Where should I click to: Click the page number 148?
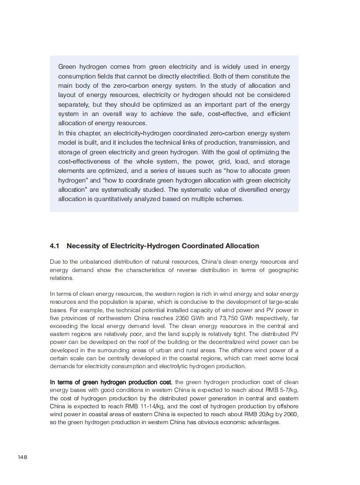(x=22, y=457)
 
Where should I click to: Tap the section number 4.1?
(x=55, y=246)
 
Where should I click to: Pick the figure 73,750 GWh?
(x=229, y=318)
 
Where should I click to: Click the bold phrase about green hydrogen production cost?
(x=110, y=382)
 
